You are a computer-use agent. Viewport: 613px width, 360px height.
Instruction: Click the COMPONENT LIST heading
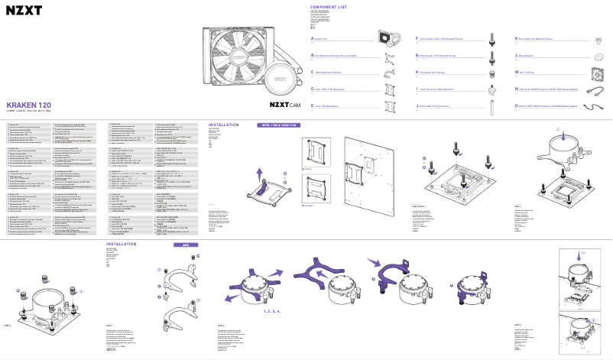(330, 5)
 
